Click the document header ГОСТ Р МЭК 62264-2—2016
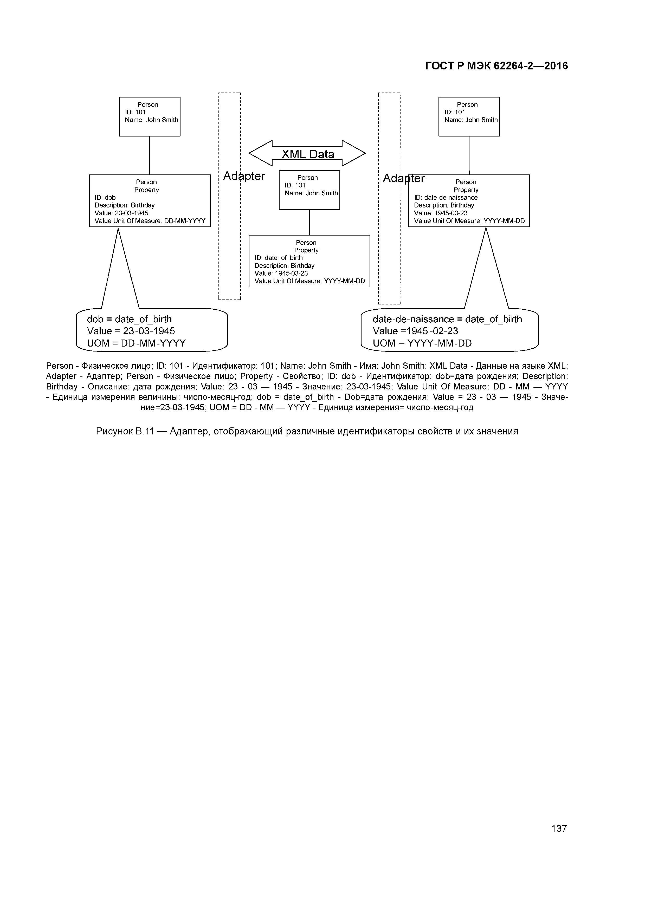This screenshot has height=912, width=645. click(496, 66)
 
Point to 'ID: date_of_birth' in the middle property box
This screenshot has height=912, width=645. click(278, 258)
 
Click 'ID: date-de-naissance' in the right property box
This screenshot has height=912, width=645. click(446, 197)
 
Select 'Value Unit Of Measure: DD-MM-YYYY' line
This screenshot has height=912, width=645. click(150, 221)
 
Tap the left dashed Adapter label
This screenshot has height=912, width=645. click(244, 176)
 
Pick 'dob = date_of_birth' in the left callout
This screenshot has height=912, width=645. click(129, 319)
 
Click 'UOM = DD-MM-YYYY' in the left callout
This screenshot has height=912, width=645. click(136, 343)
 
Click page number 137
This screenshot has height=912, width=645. click(559, 829)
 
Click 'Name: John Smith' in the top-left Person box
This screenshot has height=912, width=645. click(151, 120)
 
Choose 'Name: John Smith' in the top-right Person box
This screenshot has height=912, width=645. click(471, 120)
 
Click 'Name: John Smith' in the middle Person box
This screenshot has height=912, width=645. click(311, 193)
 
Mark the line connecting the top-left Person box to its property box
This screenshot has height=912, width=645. click(150, 155)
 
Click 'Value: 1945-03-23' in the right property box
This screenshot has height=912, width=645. click(441, 213)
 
